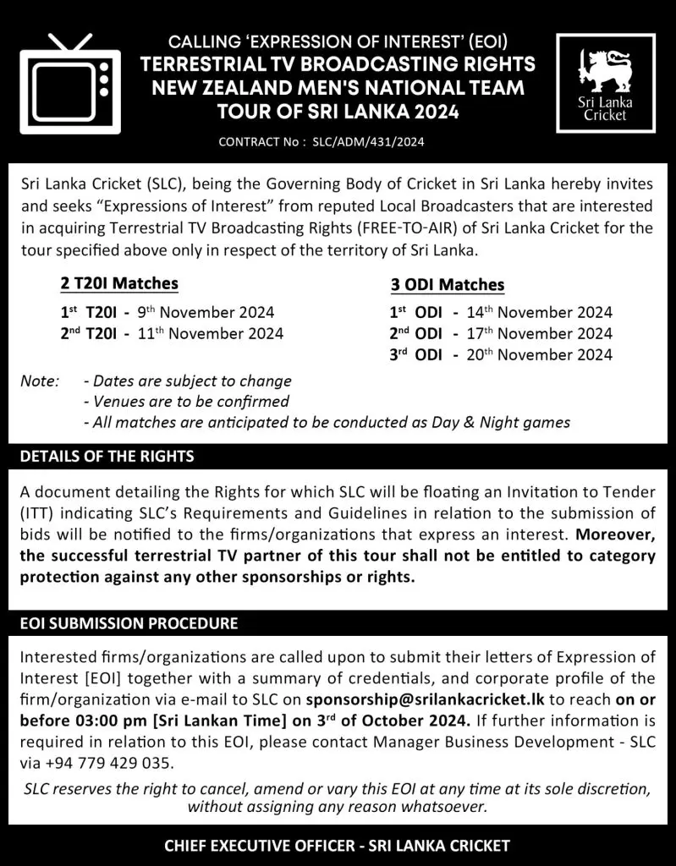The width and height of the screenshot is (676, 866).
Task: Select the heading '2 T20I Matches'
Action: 119,283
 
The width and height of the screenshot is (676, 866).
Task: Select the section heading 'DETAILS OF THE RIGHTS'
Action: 107,456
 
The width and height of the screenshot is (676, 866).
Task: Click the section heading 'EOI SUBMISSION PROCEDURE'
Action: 129,624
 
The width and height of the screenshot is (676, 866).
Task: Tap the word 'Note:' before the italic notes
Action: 40,381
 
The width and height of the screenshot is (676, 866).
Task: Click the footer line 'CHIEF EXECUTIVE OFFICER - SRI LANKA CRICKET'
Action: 338,845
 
